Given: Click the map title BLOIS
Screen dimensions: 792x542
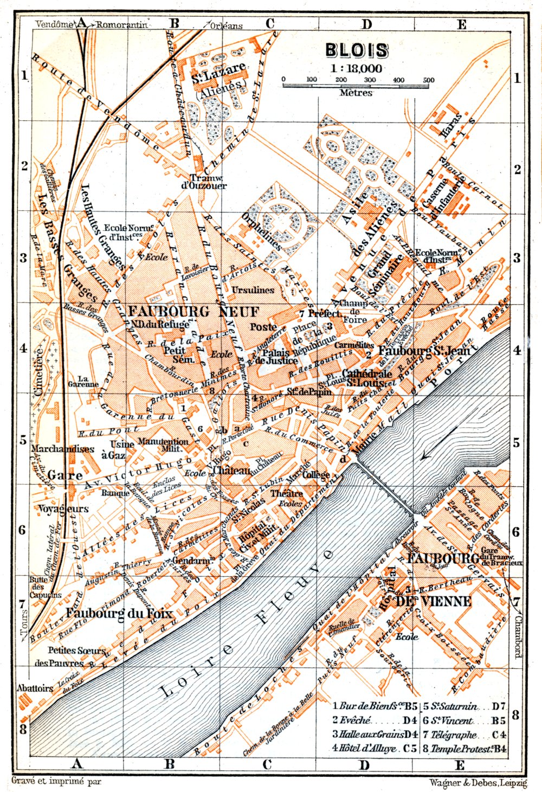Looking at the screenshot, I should point(357,50).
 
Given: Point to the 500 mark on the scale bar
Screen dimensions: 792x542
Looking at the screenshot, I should point(428,80).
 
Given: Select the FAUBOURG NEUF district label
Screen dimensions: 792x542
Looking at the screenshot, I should point(193,311).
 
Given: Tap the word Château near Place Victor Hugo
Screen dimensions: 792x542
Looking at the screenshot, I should point(231,471).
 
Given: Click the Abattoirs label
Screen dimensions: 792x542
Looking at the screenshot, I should point(35,688).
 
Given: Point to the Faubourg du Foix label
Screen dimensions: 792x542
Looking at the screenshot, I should point(119,613).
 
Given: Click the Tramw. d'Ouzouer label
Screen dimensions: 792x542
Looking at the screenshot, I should point(208,182).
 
